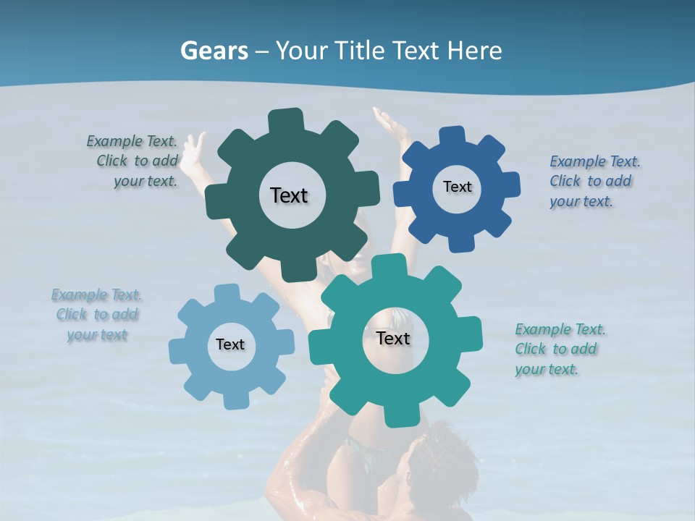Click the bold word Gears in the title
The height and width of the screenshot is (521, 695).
pyautogui.click(x=213, y=51)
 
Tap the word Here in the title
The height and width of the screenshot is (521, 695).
pyautogui.click(x=474, y=51)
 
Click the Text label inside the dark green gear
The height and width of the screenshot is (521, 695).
pyautogui.click(x=289, y=195)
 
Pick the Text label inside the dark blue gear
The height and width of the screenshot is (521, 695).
pyautogui.click(x=457, y=187)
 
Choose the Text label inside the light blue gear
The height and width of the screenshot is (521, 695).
pyautogui.click(x=230, y=344)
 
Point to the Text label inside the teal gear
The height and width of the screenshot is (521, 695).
pyautogui.click(x=393, y=338)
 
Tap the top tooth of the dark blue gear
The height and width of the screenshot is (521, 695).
pyautogui.click(x=452, y=135)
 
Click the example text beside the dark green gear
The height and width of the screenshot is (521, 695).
pyautogui.click(x=138, y=161)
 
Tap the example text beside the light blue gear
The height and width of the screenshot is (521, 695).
pyautogui.click(x=97, y=315)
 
